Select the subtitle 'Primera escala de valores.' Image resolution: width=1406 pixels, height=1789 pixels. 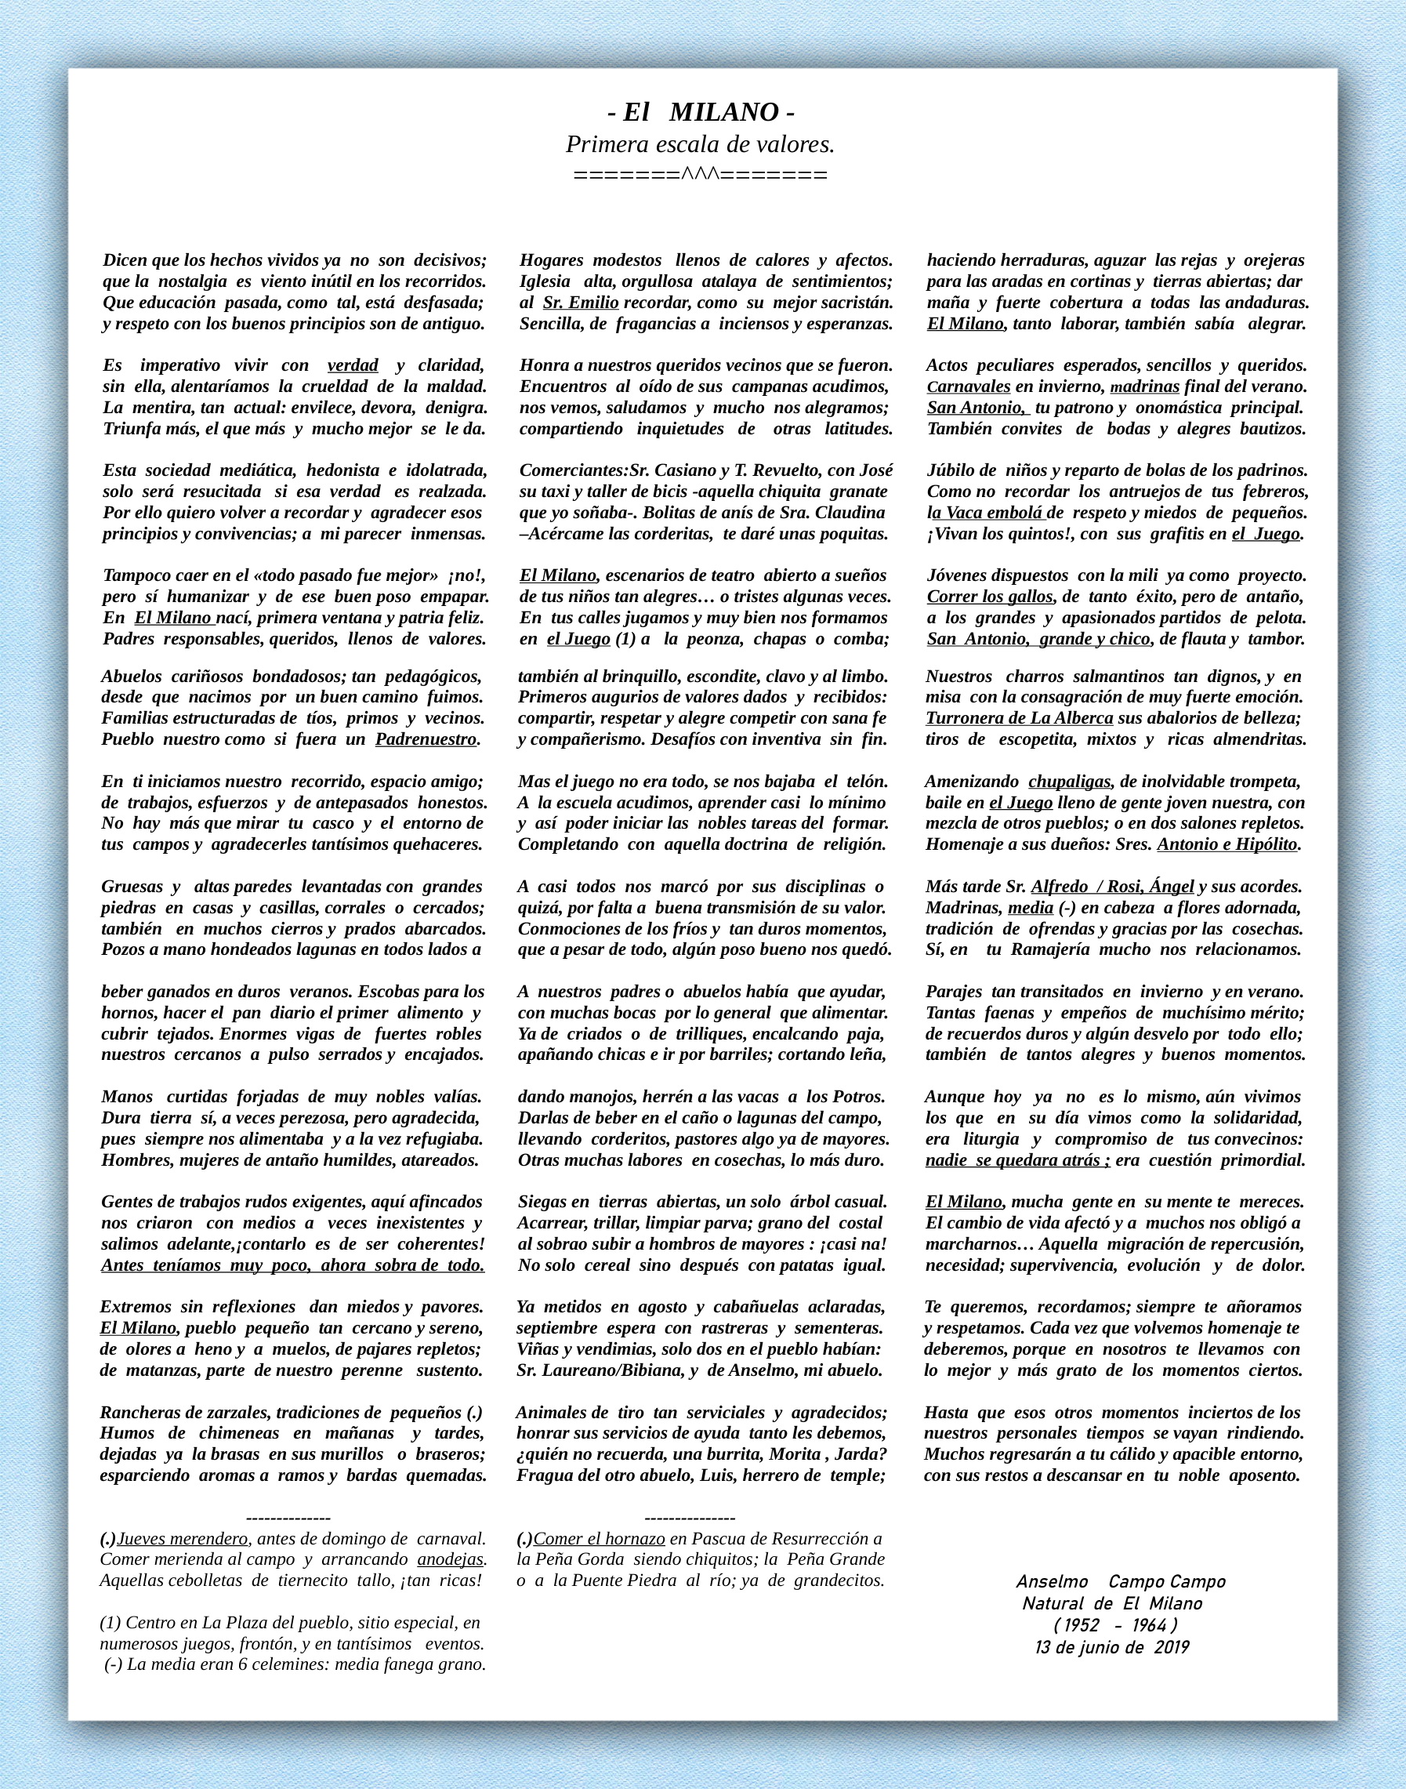pyautogui.click(x=700, y=145)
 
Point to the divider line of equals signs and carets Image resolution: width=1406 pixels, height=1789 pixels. pyautogui.click(x=700, y=175)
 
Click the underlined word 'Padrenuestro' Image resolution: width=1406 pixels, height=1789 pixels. pyautogui.click(x=426, y=739)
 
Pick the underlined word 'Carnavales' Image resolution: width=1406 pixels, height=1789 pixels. pyautogui.click(x=968, y=387)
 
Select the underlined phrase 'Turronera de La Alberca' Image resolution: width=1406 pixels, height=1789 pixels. pyautogui.click(x=1019, y=719)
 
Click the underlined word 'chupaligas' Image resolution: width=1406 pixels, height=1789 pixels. pyautogui.click(x=1069, y=782)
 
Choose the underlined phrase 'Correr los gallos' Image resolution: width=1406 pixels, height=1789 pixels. pyautogui.click(x=990, y=596)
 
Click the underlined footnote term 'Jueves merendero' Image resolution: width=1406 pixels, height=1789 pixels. pyautogui.click(x=183, y=1539)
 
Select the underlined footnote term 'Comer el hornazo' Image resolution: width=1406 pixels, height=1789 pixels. pyautogui.click(x=600, y=1539)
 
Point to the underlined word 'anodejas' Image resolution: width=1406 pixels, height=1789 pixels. pyautogui.click(x=449, y=1559)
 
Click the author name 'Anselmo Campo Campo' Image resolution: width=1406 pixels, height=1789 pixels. pyautogui.click(x=1121, y=1582)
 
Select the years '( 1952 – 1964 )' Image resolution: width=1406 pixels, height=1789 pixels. pyautogui.click(x=1115, y=1625)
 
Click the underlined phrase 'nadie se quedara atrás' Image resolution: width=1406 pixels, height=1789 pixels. pyautogui.click(x=1017, y=1161)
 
